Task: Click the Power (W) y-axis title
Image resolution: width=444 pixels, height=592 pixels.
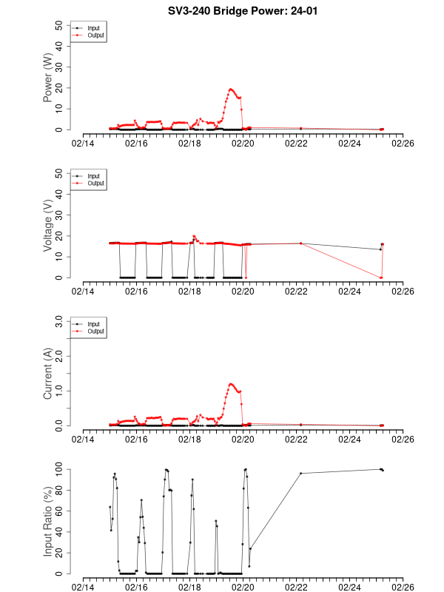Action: point(48,78)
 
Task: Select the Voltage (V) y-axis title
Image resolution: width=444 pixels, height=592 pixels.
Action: point(48,226)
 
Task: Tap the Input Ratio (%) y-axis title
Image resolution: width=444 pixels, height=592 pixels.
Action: point(48,522)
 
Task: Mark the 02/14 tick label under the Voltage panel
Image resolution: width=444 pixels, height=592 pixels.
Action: point(83,292)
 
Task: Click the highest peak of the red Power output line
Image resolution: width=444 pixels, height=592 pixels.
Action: point(231,89)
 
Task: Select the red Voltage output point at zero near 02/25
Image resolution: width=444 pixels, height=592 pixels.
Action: point(380,277)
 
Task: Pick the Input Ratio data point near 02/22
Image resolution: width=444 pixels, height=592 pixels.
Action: point(300,473)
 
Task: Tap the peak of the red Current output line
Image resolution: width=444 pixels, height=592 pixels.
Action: point(231,384)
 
